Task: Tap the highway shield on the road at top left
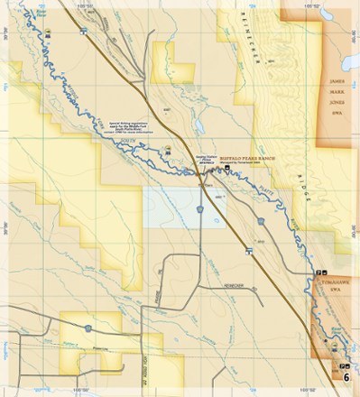(82, 31)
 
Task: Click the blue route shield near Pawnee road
(88, 328)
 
